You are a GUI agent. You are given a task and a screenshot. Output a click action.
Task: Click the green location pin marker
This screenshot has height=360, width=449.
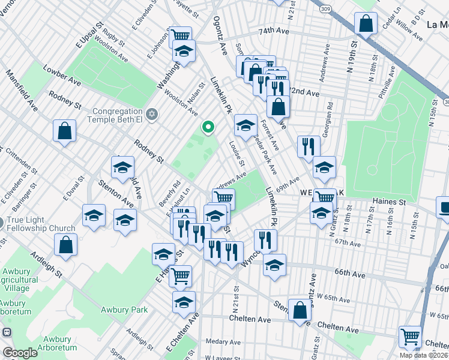tap(208, 127)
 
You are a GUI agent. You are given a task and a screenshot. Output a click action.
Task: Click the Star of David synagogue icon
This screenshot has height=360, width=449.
tap(152, 113)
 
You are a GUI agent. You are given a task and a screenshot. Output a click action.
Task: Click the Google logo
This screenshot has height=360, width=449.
tap(20, 353)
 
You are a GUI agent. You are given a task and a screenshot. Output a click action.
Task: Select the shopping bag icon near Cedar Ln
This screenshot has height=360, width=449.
tap(366, 24)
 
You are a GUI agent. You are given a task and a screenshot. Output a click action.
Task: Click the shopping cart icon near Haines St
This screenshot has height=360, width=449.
tap(325, 197)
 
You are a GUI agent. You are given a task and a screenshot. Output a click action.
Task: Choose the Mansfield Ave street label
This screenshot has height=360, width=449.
tap(22, 92)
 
